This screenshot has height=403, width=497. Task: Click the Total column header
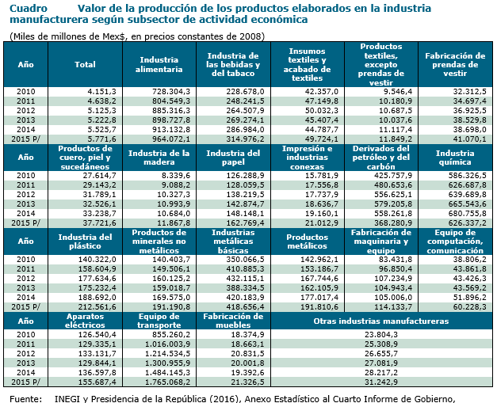(x=85, y=65)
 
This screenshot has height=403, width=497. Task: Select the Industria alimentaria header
(x=159, y=65)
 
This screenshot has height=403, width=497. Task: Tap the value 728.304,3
(x=171, y=92)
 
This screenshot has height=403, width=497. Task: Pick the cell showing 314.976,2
(x=246, y=139)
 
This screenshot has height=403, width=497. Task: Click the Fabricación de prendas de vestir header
(x=455, y=65)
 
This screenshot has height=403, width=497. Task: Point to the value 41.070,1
(x=469, y=139)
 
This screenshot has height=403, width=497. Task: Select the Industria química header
(x=455, y=158)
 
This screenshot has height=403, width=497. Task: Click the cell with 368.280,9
(x=393, y=222)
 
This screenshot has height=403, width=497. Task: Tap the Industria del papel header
(x=233, y=158)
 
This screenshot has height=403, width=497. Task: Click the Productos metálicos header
(x=307, y=241)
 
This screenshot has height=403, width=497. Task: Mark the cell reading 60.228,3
(x=469, y=306)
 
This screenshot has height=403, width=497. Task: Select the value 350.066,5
(x=246, y=260)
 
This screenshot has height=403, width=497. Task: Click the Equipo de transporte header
(x=159, y=321)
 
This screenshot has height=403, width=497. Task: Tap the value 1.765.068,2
(x=168, y=382)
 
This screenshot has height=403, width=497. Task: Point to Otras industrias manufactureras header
(x=381, y=321)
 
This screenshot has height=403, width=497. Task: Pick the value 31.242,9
(x=381, y=382)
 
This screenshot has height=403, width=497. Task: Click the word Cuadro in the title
(x=29, y=8)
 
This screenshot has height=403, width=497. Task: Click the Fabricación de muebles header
(x=233, y=321)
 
